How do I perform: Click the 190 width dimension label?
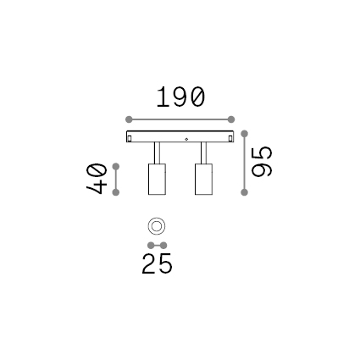[x=180, y=97]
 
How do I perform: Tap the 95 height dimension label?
[x=262, y=162]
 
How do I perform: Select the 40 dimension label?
[x=97, y=179]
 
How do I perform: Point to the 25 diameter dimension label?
[x=157, y=263]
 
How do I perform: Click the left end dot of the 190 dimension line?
[x=129, y=119]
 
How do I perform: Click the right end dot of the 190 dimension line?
[x=231, y=119]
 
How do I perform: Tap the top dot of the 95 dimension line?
[x=245, y=134]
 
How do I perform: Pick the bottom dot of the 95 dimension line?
[x=245, y=192]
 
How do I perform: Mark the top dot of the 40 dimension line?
[x=116, y=167]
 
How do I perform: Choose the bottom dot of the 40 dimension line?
[x=116, y=192]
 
